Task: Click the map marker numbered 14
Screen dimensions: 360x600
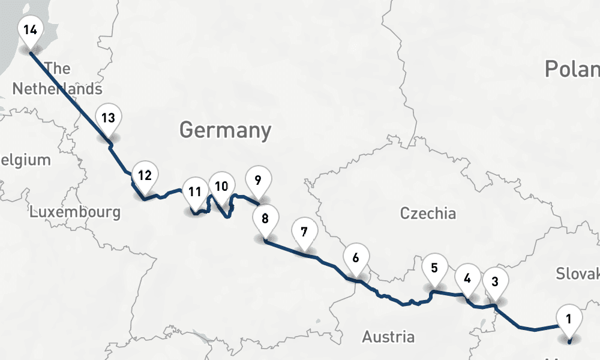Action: coord(31,29)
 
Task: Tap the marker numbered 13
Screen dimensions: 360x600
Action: coord(108,118)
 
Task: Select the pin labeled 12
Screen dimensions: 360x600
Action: coord(144,176)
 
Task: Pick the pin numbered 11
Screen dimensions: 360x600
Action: coord(194,193)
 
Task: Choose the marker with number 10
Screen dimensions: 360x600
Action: coord(221,187)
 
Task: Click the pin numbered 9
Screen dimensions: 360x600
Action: coord(258,181)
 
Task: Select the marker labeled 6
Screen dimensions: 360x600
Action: coord(356,259)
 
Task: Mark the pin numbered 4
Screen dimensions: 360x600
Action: coord(467,279)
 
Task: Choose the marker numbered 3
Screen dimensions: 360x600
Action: coord(495,282)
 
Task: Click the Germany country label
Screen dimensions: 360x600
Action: coord(225,130)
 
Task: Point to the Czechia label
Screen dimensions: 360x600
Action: coord(428,213)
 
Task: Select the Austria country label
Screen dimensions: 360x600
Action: coord(388,337)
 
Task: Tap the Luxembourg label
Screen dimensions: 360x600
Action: coord(75,212)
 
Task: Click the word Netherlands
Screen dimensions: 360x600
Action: coord(58,89)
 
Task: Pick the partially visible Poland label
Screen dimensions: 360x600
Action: coord(572,69)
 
